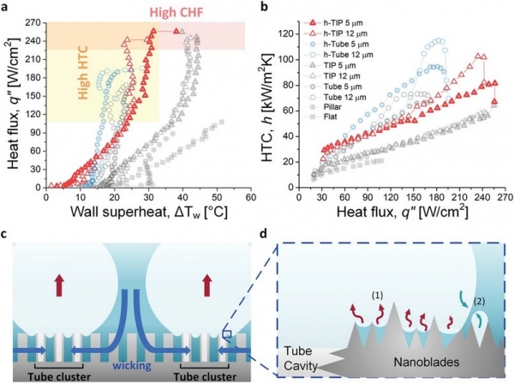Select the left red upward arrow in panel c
[x=59, y=282]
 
